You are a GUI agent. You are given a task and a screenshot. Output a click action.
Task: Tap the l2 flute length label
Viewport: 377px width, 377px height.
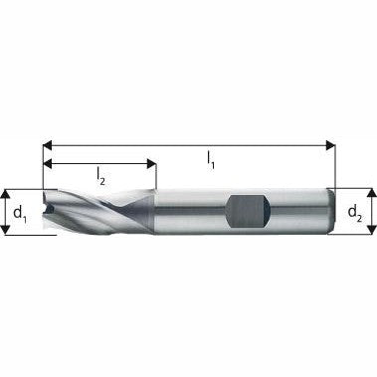pyautogui.click(x=101, y=174)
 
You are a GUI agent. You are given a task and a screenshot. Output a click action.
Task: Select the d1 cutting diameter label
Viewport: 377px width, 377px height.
pyautogui.click(x=20, y=211)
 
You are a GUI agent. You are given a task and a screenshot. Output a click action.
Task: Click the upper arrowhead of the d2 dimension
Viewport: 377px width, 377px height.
pyautogui.click(x=371, y=190)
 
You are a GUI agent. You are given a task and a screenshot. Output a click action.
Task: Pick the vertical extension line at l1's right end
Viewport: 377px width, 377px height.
pyautogui.click(x=334, y=164)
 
